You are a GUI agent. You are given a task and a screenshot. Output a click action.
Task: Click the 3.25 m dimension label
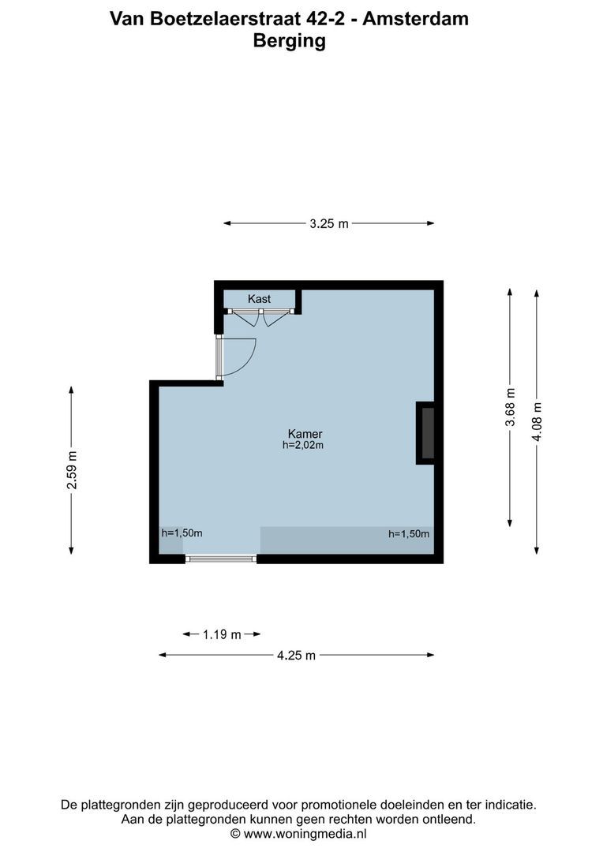tap(328, 223)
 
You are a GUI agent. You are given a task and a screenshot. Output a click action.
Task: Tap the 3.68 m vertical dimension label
tap(511, 408)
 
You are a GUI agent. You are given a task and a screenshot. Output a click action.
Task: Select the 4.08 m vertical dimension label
tap(537, 423)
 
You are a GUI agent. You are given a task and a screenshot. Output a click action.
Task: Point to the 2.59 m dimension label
tap(72, 470)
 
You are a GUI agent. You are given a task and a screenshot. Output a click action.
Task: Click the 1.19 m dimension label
tap(222, 634)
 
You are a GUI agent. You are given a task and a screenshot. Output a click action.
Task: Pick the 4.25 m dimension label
tap(297, 655)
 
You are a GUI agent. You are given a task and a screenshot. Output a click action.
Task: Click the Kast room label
tap(259, 299)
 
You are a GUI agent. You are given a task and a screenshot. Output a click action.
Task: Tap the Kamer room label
tap(305, 434)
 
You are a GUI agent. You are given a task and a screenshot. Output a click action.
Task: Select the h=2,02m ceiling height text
tap(304, 445)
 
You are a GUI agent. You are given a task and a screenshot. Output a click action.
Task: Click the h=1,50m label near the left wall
tap(182, 532)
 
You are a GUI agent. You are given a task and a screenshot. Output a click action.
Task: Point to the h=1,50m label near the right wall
tap(409, 534)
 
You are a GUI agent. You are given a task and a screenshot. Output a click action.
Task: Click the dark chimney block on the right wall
tap(425, 432)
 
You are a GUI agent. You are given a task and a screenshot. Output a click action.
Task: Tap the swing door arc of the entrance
tap(242, 357)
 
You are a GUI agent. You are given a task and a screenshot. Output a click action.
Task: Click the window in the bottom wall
tap(221, 559)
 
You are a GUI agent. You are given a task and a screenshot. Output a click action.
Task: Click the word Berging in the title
tap(289, 41)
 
